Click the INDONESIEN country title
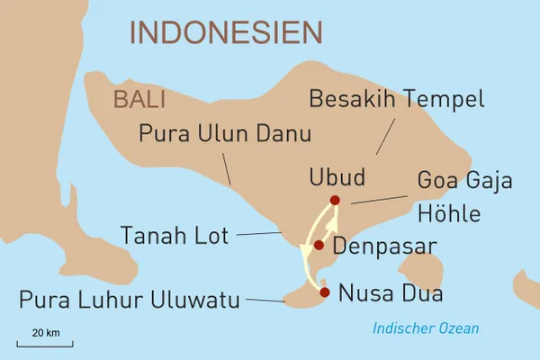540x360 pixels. tap(226, 32)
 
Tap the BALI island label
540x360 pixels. tap(139, 100)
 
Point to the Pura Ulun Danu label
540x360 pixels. tap(225, 135)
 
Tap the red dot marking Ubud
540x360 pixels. tap(335, 200)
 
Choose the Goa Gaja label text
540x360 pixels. tap(464, 181)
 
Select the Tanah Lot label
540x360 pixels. tap(174, 236)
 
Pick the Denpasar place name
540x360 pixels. tap(384, 246)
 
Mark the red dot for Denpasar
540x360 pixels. tap(319, 245)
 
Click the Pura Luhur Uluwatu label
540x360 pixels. tap(130, 300)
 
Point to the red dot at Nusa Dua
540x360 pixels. tap(325, 292)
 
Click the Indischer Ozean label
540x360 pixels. tap(427, 328)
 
